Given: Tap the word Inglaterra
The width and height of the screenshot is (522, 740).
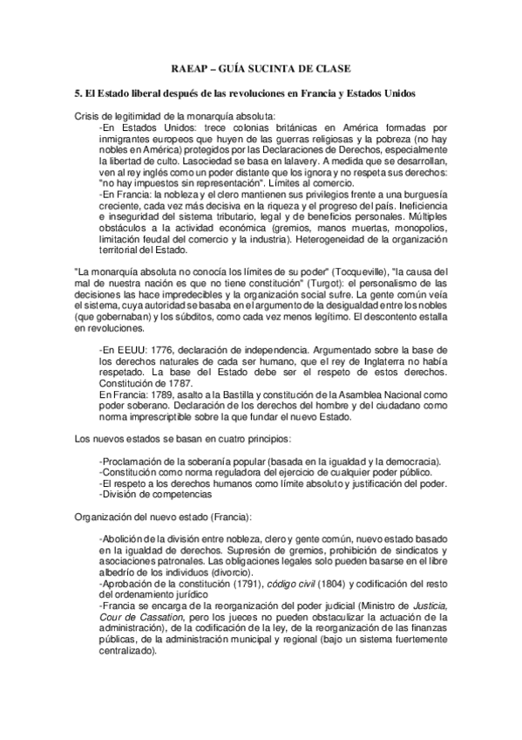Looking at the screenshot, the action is pyautogui.click(x=366, y=360).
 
